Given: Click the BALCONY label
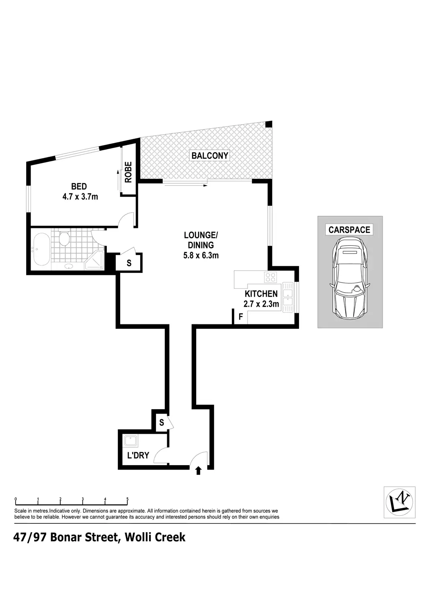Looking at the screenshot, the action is pos(210,156).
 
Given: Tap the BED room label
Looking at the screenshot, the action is pos(79,187).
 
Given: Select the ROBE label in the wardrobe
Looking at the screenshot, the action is pos(128,172).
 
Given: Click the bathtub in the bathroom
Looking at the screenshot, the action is pos(41,250).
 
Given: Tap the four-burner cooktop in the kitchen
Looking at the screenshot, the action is pos(270,277).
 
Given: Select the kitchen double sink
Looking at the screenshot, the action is pos(289,297).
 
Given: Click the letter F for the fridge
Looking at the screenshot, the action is pos(241,317).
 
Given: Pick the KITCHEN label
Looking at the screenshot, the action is pos(261,294).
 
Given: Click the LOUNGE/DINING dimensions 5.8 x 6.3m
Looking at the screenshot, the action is pos(201,255).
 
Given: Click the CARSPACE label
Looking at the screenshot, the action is pos(349,230).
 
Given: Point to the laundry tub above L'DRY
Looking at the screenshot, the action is pos(131,442).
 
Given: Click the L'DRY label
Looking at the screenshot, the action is pos(138,455).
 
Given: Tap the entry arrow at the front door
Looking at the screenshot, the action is pos(198,470).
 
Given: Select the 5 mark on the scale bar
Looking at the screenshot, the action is pos(127,499).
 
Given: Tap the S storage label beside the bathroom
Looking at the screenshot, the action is pos(129,263).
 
